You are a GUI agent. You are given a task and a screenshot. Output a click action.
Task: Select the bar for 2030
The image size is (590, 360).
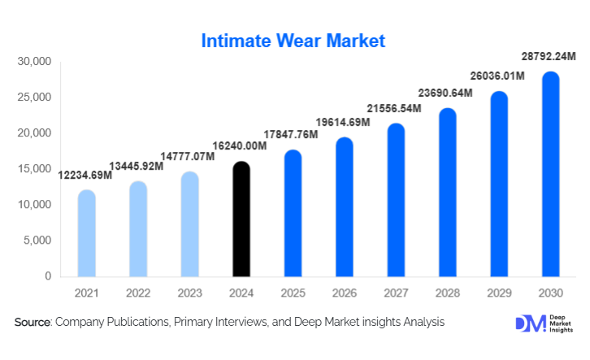click(550, 175)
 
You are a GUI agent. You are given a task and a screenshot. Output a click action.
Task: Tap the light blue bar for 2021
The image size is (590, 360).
click(86, 233)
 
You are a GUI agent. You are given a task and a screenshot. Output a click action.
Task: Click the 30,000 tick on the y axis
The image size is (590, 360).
click(34, 62)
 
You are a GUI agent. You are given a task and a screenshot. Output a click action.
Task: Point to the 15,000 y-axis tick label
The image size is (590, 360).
click(34, 169)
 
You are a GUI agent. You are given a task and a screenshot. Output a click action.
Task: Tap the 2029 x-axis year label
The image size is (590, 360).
click(498, 293)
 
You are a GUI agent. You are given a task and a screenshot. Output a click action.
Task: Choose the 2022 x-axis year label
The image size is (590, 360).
click(138, 293)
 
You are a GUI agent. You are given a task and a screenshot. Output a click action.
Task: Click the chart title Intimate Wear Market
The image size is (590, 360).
click(294, 40)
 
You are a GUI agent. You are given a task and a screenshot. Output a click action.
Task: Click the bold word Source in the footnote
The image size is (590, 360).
click(32, 323)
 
